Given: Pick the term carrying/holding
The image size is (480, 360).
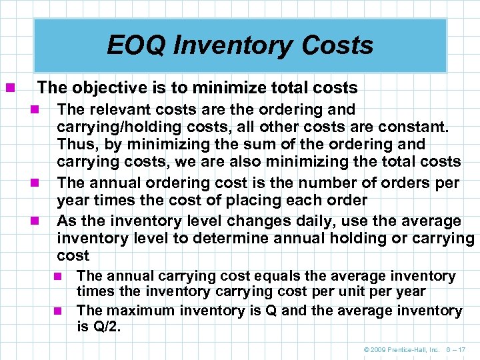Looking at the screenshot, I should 114,127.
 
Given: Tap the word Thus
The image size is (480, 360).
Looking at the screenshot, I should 76,144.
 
